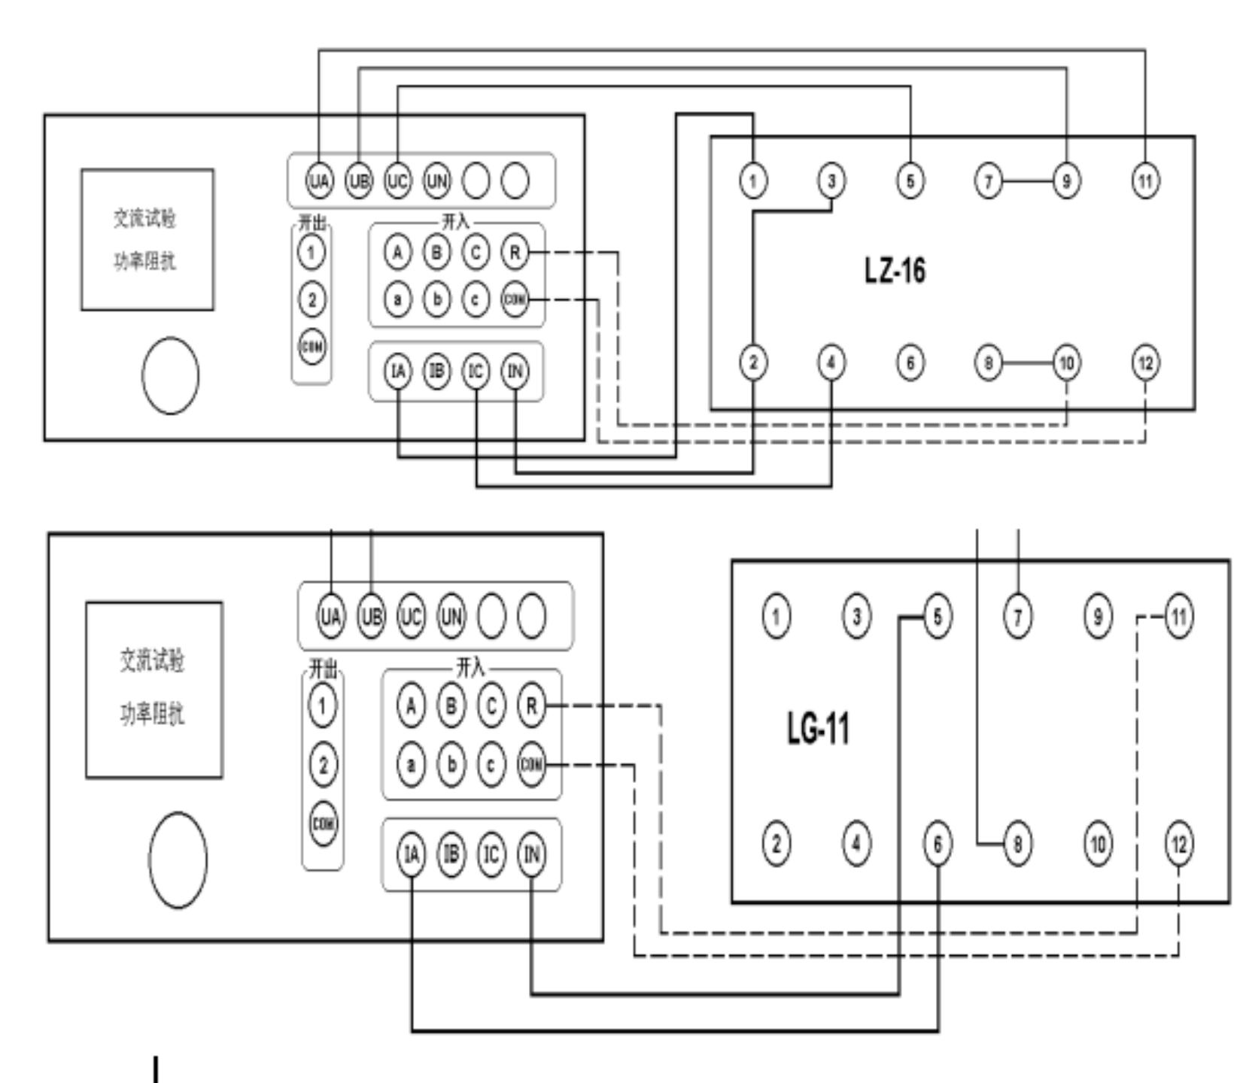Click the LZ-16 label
895,270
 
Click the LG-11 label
818,728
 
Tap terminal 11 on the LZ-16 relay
1144,180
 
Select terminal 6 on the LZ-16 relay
910,363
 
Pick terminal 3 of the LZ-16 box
831,180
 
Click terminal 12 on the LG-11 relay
1178,844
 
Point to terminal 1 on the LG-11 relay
776,616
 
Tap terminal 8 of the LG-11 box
1017,844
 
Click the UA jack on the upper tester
319,180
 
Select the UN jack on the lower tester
451,617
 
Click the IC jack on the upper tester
476,372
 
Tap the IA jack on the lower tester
411,854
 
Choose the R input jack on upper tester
515,252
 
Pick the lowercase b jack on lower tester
451,765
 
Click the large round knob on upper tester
171,375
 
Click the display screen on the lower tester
153,690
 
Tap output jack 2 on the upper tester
312,299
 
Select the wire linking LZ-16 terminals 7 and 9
1027,180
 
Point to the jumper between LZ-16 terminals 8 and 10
1027,363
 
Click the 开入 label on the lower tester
470,667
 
